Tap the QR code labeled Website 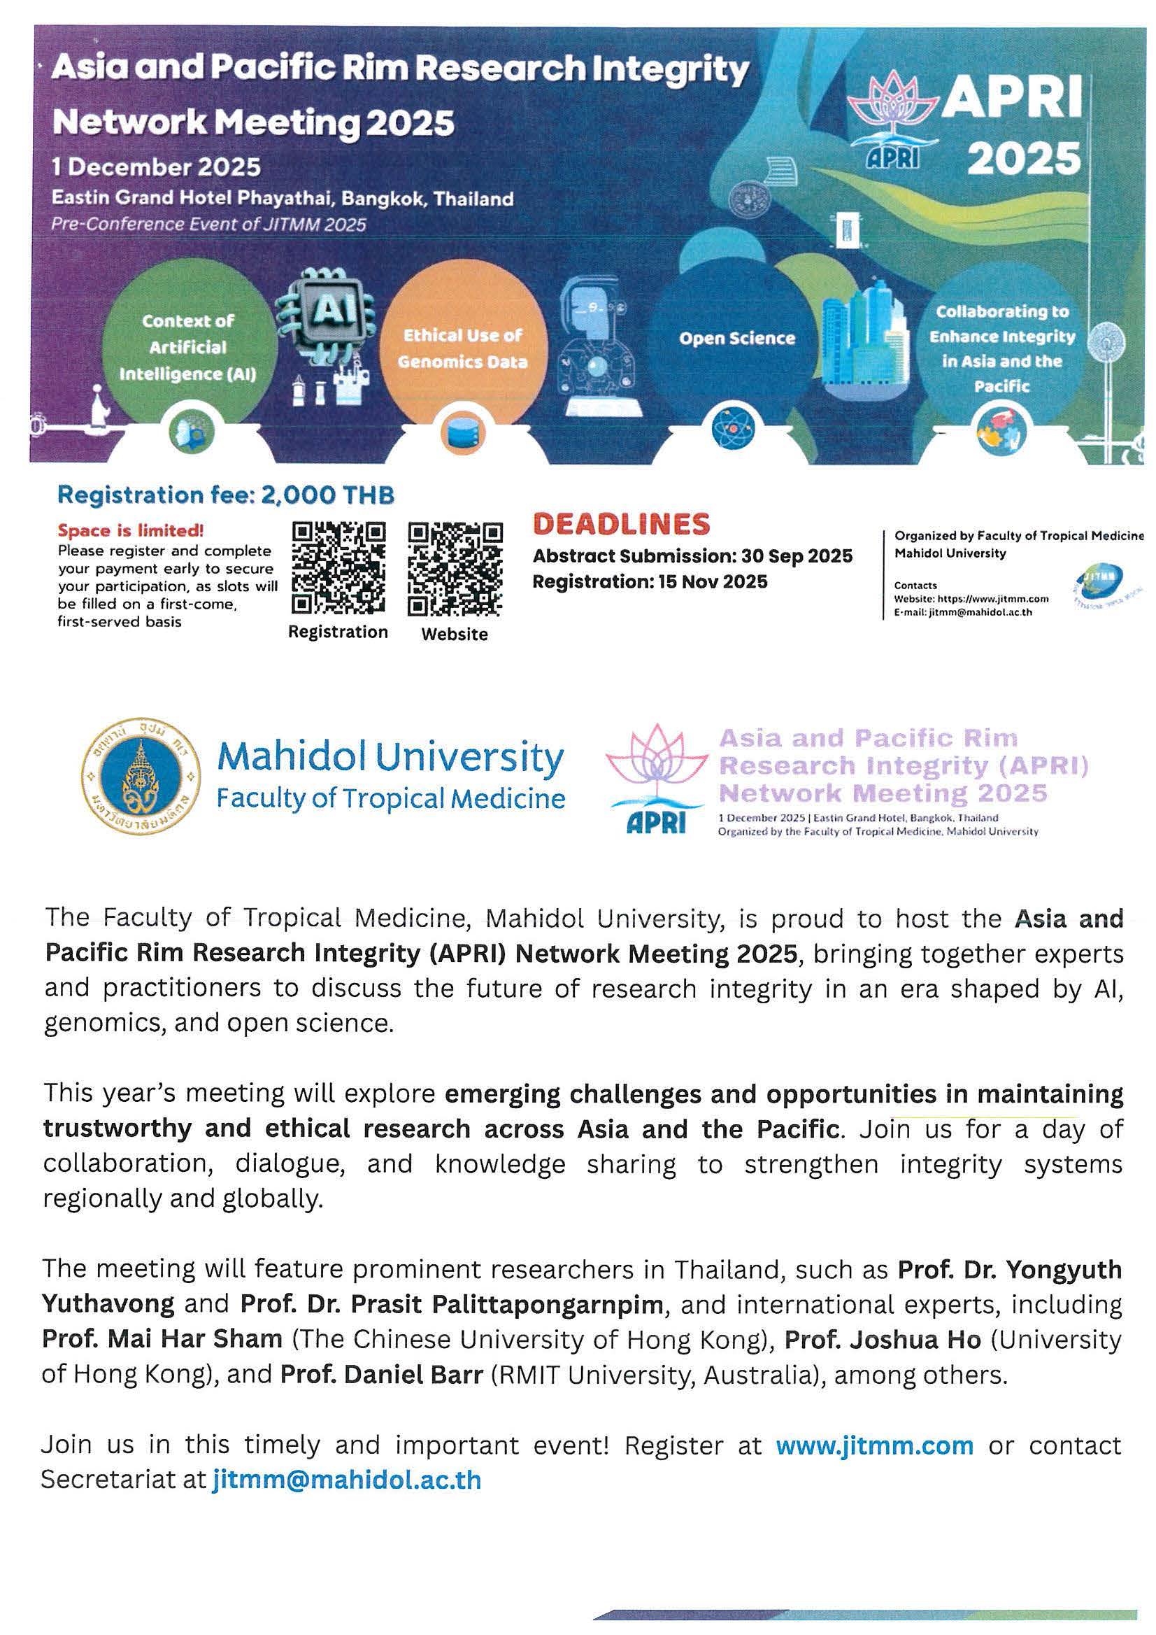pyautogui.click(x=455, y=569)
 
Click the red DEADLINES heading pyautogui.click(x=621, y=525)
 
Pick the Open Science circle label pyautogui.click(x=736, y=338)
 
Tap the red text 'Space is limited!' pyautogui.click(x=131, y=530)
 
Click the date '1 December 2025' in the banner pyautogui.click(x=157, y=167)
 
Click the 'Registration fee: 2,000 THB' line pyautogui.click(x=226, y=495)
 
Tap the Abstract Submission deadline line pyautogui.click(x=692, y=556)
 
